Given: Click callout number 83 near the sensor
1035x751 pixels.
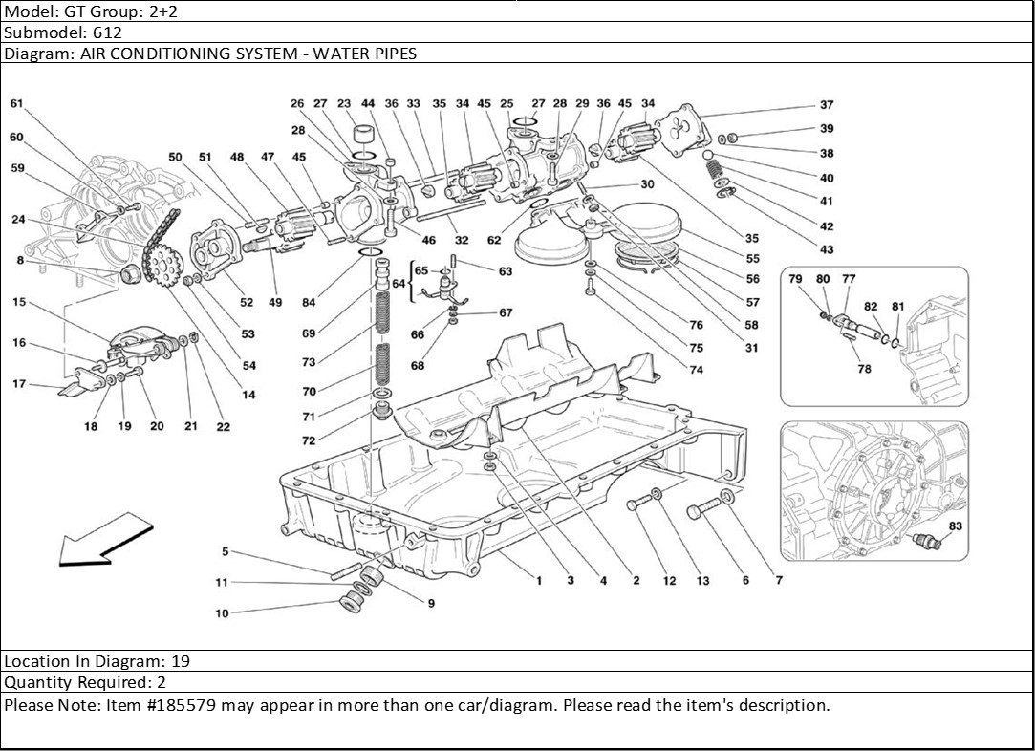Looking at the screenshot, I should point(956,526).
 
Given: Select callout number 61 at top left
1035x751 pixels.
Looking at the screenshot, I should point(17,104).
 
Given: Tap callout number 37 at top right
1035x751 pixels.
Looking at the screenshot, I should point(826,106).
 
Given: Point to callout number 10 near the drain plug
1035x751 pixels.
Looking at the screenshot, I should point(222,613).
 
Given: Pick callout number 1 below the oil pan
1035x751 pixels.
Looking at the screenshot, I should point(539,580).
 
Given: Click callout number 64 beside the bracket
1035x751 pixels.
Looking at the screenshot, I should point(398,284).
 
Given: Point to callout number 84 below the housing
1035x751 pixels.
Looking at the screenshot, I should point(308,303).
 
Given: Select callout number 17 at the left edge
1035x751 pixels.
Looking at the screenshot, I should point(18,384).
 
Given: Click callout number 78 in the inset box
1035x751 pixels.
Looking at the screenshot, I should point(865,369).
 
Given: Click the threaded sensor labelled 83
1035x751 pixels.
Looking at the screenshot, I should point(927,542).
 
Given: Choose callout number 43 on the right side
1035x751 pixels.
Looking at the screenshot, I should point(826,250).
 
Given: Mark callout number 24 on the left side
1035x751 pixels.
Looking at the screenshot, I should point(18,220).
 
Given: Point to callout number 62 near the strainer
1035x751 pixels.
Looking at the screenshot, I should point(493,241).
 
